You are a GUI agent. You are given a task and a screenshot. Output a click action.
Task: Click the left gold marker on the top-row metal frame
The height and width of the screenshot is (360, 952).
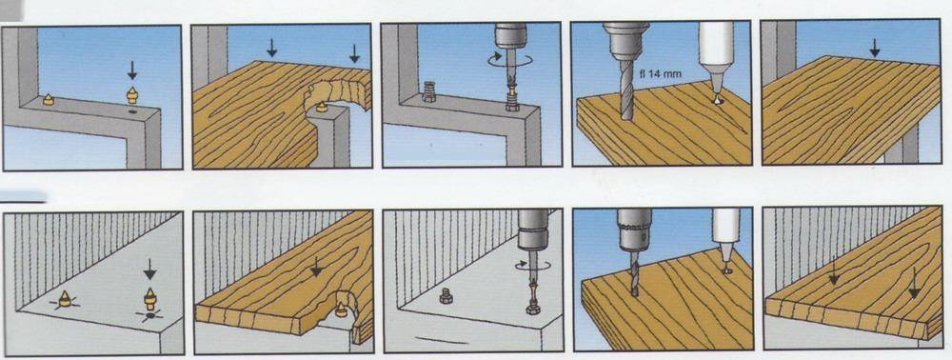tap(48, 100)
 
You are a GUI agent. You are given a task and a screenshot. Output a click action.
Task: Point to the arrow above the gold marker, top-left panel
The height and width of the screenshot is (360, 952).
tap(131, 70)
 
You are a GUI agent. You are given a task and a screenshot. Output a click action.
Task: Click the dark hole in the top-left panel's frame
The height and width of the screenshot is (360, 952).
tap(133, 112)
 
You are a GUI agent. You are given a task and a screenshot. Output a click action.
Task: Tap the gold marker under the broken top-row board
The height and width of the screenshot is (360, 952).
tap(322, 108)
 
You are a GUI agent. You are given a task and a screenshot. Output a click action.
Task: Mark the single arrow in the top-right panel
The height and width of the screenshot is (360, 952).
tap(874, 48)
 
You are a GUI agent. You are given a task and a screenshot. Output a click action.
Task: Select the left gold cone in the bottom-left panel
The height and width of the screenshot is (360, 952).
tap(65, 298)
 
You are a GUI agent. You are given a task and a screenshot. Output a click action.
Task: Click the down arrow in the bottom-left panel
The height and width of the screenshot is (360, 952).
tap(149, 269)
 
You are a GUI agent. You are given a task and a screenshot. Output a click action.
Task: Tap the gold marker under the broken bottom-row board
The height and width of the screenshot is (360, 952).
tap(342, 310)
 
